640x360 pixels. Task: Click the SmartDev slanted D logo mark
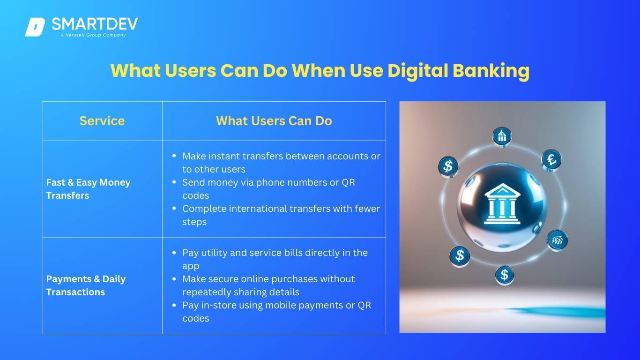(35, 27)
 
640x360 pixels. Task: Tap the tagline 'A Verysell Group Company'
(93, 35)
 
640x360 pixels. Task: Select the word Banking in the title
(491, 71)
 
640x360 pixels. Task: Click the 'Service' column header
(102, 120)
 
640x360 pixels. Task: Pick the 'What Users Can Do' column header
(274, 120)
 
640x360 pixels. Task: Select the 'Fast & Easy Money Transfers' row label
(88, 189)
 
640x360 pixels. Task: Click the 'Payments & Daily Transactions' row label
(86, 285)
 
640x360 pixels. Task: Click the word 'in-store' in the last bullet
(219, 305)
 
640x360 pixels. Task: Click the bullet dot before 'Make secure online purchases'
(174, 278)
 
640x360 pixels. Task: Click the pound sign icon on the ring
(551, 159)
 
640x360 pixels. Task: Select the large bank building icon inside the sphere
(502, 203)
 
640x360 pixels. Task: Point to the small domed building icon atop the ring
(502, 136)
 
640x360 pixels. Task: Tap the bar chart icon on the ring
(557, 240)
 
